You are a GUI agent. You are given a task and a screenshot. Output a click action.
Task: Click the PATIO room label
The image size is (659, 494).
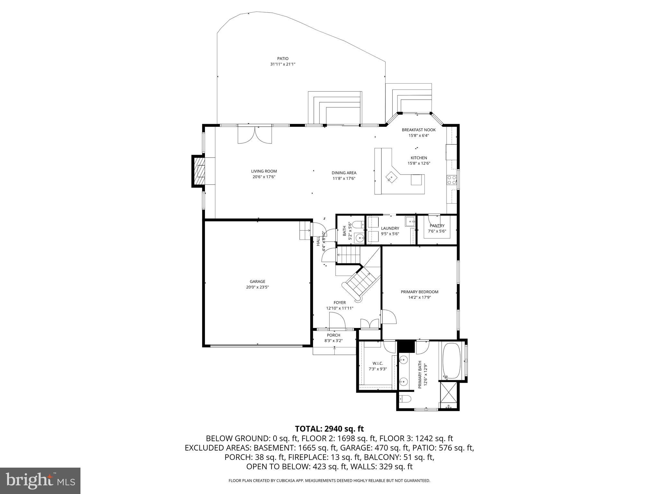(x=283, y=59)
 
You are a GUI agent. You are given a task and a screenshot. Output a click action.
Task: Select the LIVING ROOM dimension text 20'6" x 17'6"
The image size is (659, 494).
(x=264, y=177)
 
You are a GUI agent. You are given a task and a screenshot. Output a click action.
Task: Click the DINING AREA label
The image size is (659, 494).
(x=344, y=173)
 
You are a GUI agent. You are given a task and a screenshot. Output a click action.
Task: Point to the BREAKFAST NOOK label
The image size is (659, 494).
(x=419, y=130)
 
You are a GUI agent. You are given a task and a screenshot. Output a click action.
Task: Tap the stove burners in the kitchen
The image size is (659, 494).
(x=451, y=180)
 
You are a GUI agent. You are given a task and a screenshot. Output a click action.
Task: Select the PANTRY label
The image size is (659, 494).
(x=437, y=226)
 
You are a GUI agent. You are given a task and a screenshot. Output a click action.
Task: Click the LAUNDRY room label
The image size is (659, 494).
(x=390, y=228)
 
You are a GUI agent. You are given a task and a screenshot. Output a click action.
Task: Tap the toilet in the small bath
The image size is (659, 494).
(x=357, y=224)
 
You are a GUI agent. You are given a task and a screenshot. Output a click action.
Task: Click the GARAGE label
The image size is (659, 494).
(x=257, y=281)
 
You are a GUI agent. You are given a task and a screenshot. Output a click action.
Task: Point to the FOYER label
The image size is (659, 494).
(x=339, y=303)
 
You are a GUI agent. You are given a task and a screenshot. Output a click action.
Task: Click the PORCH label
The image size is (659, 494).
(x=333, y=335)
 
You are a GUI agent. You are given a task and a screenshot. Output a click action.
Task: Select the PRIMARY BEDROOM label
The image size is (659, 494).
(x=419, y=292)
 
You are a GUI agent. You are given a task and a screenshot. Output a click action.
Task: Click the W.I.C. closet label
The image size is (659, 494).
(x=378, y=363)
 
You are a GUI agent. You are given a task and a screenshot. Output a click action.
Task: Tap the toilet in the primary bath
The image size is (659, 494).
(x=404, y=399)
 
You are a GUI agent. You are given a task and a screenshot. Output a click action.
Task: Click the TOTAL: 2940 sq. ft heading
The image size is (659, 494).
(x=329, y=429)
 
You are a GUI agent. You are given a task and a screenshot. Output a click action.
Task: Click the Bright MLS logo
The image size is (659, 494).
(x=40, y=480)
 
